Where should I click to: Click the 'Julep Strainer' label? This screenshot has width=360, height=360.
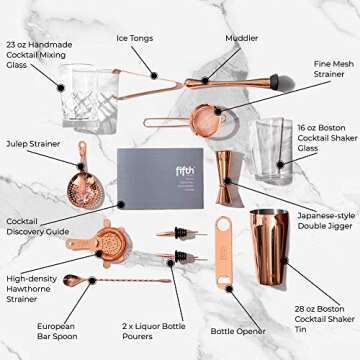coord(33,143)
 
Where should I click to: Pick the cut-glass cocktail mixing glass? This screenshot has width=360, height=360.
coord(87,98)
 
